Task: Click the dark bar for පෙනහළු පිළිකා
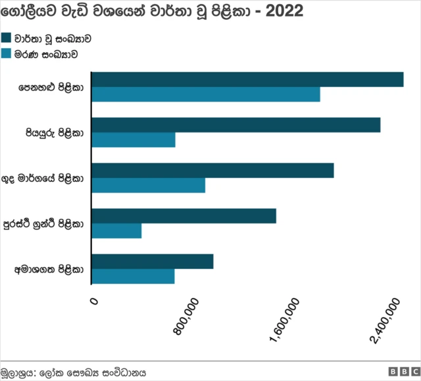[247, 79]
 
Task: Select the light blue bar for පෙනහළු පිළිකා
[206, 94]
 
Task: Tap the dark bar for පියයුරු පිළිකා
[236, 125]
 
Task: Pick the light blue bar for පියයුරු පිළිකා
[134, 140]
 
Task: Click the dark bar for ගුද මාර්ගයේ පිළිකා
[212, 170]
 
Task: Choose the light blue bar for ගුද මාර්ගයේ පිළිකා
[149, 185]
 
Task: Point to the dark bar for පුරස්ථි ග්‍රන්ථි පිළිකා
[184, 216]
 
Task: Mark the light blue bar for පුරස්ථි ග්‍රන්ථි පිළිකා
[116, 231]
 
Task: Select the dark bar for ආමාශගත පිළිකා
[153, 261]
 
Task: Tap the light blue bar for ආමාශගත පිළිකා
[133, 276]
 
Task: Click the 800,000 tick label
[188, 317]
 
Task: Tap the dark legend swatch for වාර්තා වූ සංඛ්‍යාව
[7, 38]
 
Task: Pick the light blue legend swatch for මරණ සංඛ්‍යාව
[7, 54]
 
